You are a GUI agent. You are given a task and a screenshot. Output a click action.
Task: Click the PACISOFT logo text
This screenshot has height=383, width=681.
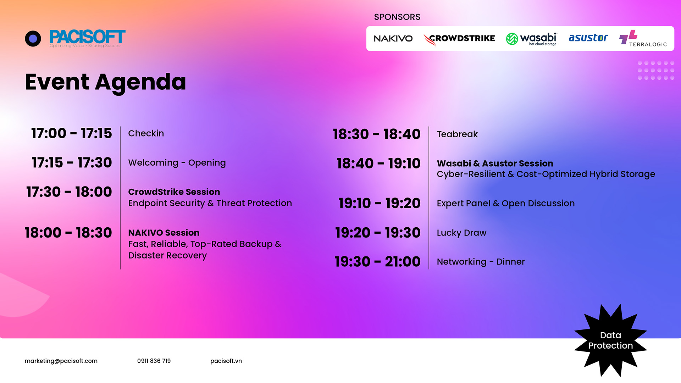87,37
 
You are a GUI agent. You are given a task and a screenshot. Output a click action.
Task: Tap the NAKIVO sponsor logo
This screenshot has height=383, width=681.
393,39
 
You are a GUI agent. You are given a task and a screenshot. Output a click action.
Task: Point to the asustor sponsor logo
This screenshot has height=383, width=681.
588,38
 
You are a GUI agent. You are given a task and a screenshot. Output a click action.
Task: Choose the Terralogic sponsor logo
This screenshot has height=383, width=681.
643,38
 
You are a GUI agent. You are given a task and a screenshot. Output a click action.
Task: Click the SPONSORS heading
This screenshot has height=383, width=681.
397,17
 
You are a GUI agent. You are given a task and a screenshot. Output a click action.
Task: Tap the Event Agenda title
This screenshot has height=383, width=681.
105,82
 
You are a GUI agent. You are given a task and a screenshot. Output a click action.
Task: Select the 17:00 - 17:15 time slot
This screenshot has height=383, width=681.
71,133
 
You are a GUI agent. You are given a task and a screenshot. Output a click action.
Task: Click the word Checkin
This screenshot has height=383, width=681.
146,133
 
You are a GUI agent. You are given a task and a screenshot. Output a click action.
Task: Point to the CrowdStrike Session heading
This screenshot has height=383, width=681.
174,192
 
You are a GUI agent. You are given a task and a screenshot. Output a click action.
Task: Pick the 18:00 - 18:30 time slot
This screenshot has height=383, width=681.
68,233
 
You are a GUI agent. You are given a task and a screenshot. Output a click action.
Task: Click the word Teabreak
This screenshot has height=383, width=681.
457,134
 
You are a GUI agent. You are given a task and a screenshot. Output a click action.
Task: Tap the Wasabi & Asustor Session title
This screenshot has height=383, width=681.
495,163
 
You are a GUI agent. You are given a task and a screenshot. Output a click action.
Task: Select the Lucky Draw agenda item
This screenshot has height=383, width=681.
461,233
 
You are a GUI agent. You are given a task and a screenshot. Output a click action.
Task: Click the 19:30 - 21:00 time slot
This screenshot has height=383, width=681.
377,262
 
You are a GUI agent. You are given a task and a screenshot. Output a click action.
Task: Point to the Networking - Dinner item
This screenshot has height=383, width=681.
481,262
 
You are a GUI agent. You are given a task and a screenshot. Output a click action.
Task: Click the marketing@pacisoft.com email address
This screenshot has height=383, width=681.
61,361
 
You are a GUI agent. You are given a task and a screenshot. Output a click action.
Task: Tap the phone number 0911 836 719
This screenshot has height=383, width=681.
154,361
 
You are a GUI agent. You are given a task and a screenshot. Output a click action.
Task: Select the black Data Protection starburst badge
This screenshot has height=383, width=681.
610,340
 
